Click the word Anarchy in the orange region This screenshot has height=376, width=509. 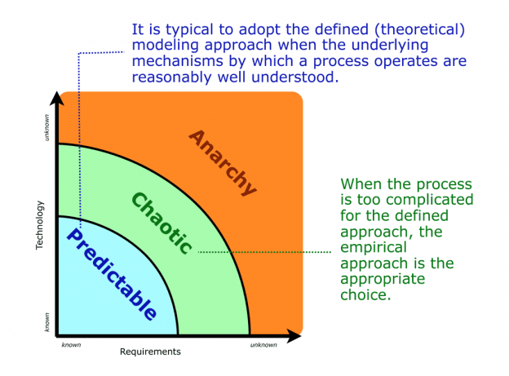[223, 161]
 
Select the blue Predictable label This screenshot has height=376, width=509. [111, 274]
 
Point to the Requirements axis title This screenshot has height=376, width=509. [150, 352]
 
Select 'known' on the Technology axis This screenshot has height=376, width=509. [46, 323]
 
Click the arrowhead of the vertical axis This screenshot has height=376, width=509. [57, 100]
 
